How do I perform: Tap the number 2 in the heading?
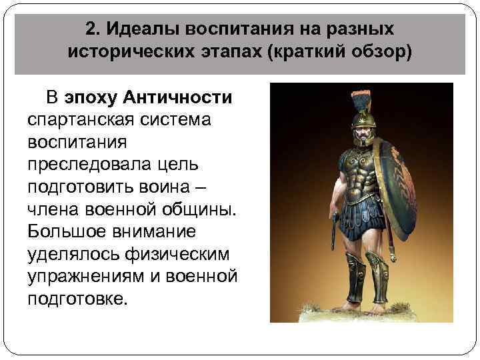(x=91, y=29)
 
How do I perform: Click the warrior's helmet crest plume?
(x=367, y=101)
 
